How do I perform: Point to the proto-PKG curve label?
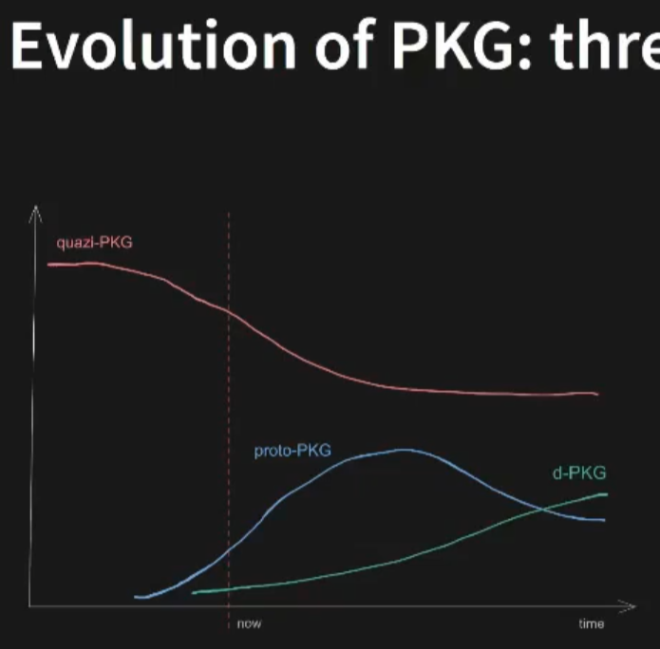[292, 451]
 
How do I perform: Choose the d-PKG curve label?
[578, 473]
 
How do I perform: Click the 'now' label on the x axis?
[249, 623]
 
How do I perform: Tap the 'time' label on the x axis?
[591, 623]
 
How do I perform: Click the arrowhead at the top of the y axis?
[35, 208]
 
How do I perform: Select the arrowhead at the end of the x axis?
[628, 604]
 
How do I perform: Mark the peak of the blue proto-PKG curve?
[405, 450]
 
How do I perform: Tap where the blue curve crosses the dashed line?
[229, 550]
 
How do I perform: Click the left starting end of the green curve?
[194, 592]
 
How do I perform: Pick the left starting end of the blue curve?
[137, 597]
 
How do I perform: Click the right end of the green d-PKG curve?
[606, 494]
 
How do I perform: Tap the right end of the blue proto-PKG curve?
[604, 520]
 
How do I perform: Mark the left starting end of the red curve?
[48, 264]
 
